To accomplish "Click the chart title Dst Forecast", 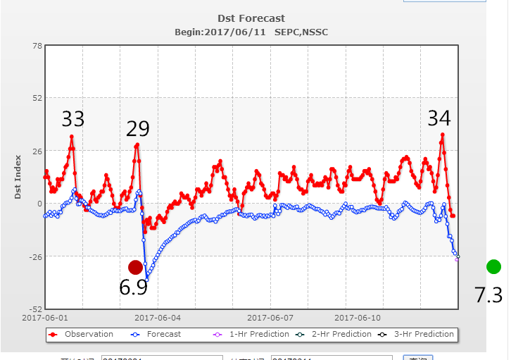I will tap(251, 18).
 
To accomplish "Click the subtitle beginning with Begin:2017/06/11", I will tap(251, 32).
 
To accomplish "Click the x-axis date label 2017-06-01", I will tap(44, 318).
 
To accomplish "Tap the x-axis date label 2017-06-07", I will tap(270, 318).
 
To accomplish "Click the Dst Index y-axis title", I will tap(18, 178).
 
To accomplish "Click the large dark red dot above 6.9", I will tap(136, 267).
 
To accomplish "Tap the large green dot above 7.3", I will tap(493, 266).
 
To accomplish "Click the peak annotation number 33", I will tap(72, 118).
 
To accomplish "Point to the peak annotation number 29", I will tap(138, 129).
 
